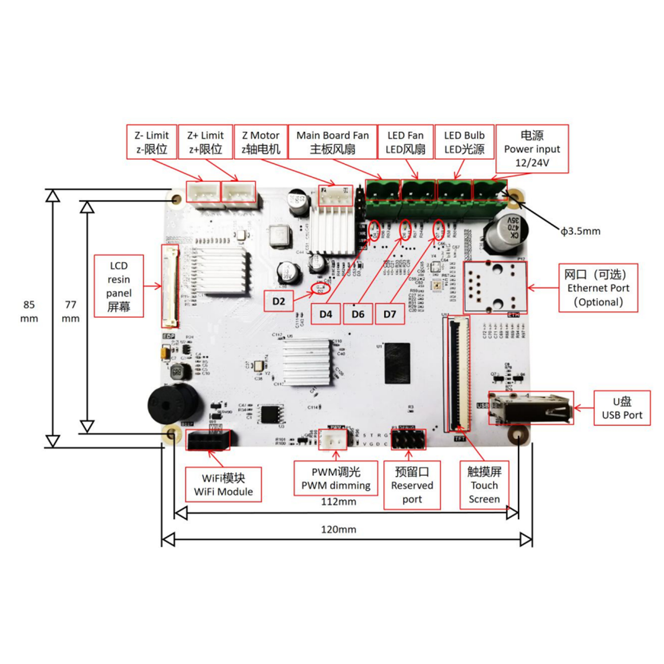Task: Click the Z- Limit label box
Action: pos(151,142)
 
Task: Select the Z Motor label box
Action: pos(260,142)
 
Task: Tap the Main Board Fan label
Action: pos(332,142)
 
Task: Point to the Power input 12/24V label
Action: pos(532,149)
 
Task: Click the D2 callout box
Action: pos(279,301)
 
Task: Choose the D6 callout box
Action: pos(357,314)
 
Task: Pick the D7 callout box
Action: pos(390,314)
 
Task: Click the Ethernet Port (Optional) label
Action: pos(598,288)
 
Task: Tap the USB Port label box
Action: pos(622,408)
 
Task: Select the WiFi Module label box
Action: pos(223,485)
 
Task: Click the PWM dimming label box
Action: pos(336,478)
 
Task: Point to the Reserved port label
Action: pos(412,485)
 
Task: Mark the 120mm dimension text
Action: pos(338,530)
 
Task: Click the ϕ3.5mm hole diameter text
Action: pos(580,231)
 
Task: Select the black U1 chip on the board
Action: pos(397,363)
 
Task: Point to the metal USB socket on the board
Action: pos(531,409)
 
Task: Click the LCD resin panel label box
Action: pos(119,286)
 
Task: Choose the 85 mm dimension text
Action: pos(29,311)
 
